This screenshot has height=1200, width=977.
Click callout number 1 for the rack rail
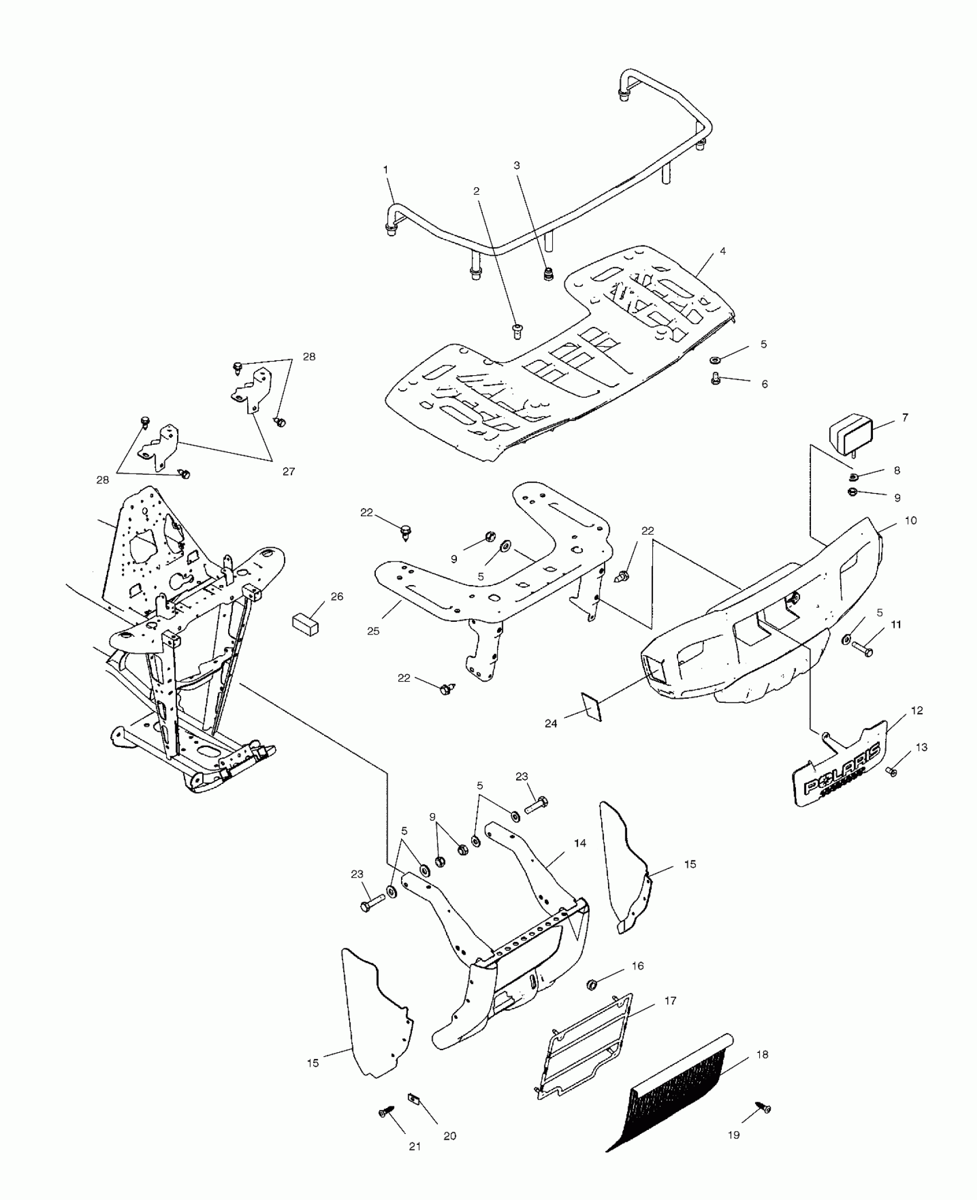coord(386,170)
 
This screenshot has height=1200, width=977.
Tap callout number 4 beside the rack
coord(722,251)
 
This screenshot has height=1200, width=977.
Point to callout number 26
coord(337,597)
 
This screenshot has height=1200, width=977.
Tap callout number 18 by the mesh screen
coord(763,1055)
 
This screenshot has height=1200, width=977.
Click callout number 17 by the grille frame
coord(670,1001)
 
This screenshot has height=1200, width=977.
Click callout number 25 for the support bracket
coord(374,631)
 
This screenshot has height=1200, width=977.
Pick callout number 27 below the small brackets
coord(289,471)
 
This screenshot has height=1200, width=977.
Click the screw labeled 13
coord(893,772)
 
